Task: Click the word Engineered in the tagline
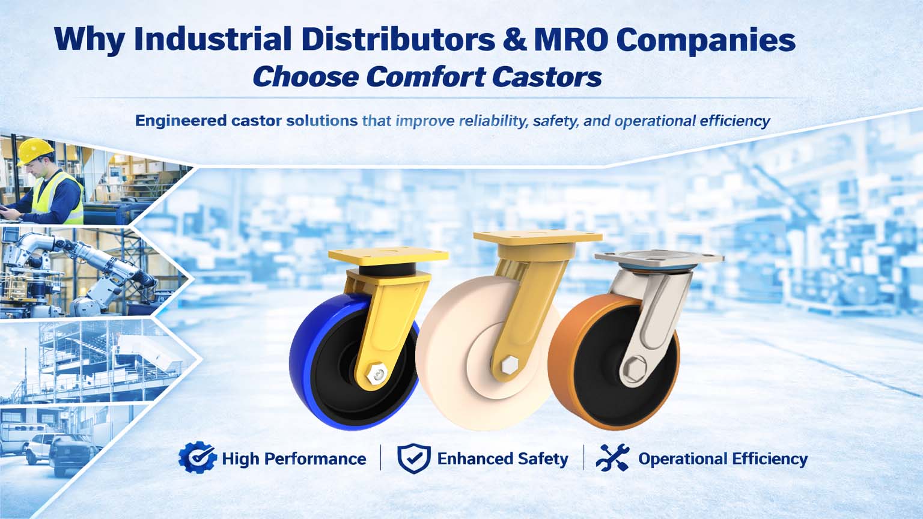180,121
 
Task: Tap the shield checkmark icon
413,458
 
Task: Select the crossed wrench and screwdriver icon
613,458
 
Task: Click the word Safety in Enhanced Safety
543,459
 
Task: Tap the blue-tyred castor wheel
355,362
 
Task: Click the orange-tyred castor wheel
614,362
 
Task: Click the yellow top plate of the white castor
538,237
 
